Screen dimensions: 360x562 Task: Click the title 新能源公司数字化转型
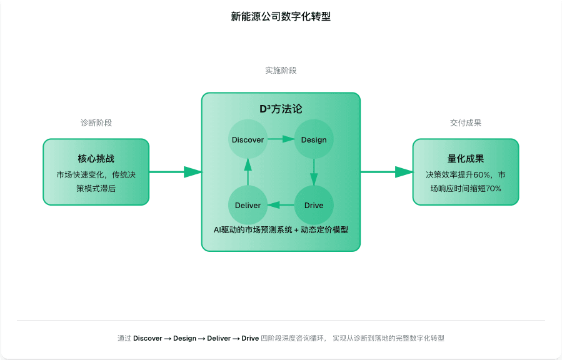click(281, 17)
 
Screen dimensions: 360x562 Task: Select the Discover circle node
click(248, 139)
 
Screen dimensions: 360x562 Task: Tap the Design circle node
click(314, 139)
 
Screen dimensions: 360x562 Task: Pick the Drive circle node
click(314, 205)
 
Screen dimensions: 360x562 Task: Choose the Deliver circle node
click(248, 205)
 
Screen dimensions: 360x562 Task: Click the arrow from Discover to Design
click(281, 139)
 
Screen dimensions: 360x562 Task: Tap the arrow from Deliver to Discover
click(248, 172)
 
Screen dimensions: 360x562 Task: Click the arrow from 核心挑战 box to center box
click(175, 172)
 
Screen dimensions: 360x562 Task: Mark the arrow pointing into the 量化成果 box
click(386, 172)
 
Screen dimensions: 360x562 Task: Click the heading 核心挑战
click(96, 159)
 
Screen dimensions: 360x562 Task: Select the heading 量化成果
click(466, 159)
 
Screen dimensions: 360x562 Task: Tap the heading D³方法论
click(281, 109)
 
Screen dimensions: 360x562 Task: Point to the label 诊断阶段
click(96, 123)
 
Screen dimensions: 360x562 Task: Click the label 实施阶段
click(281, 71)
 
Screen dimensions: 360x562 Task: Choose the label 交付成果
click(466, 123)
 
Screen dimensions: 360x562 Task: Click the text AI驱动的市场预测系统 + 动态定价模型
click(281, 229)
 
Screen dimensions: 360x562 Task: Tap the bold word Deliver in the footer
click(219, 338)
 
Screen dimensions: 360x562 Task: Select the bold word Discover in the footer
click(148, 338)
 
